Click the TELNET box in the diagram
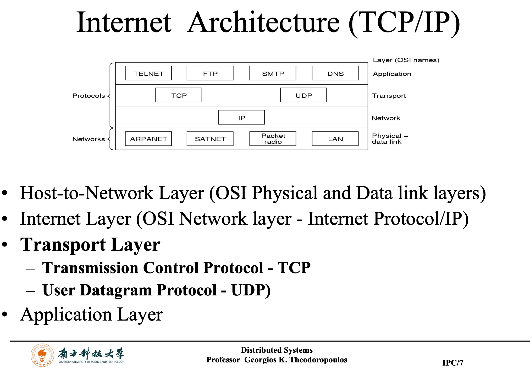pos(148,73)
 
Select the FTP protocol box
pos(210,73)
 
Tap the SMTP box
pos(273,73)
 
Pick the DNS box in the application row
pos(335,73)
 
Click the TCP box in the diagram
pos(179,95)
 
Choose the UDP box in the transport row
pos(303,95)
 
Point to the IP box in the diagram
pos(241,117)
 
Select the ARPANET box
pos(148,139)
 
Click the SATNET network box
pos(210,139)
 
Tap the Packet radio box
pos(273,139)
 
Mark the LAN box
pos(335,139)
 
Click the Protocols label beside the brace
pos(89,96)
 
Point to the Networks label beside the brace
pos(89,139)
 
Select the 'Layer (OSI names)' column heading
pos(406,60)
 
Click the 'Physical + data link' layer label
pos(390,139)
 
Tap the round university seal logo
pos(42,355)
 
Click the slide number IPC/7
pos(453,363)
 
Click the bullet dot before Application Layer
pos(5,314)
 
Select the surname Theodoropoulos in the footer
pos(318,360)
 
